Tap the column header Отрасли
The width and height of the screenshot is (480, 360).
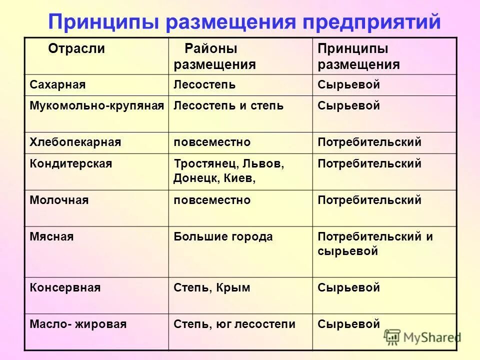(76, 48)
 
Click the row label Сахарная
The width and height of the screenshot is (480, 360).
(57, 85)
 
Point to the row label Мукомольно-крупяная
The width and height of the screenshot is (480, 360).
(97, 106)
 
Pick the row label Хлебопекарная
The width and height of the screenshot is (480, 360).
(75, 142)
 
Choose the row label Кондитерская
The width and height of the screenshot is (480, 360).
(71, 164)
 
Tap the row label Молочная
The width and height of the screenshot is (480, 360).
(59, 200)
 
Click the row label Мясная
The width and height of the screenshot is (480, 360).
(51, 237)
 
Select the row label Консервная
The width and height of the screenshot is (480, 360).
(65, 288)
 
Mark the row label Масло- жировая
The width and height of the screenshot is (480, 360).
(78, 324)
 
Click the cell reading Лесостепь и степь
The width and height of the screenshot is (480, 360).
(228, 106)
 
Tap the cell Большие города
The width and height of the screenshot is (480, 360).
(223, 237)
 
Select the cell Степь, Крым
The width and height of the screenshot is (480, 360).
(211, 288)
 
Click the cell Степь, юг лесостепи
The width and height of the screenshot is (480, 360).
(234, 324)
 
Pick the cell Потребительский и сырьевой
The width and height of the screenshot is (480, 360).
(375, 244)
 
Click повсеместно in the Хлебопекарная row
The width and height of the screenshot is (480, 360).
(212, 142)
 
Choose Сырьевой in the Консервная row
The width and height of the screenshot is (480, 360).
(349, 288)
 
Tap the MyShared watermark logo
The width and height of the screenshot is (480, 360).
(423, 336)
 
